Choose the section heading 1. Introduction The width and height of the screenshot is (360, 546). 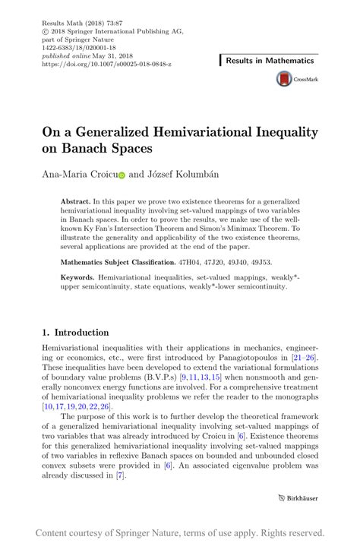coord(75,332)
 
